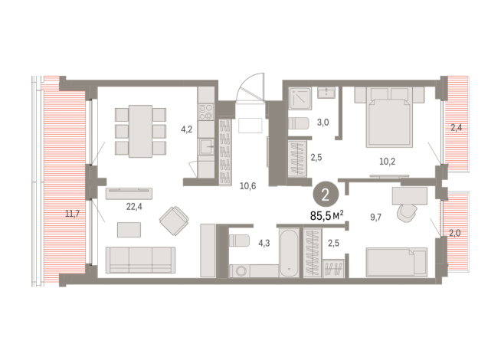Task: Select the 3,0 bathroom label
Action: tap(324, 122)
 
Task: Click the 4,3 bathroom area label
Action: tap(264, 244)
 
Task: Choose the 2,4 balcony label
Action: tap(456, 127)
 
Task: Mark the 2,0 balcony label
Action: tap(456, 233)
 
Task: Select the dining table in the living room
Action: tap(141, 131)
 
